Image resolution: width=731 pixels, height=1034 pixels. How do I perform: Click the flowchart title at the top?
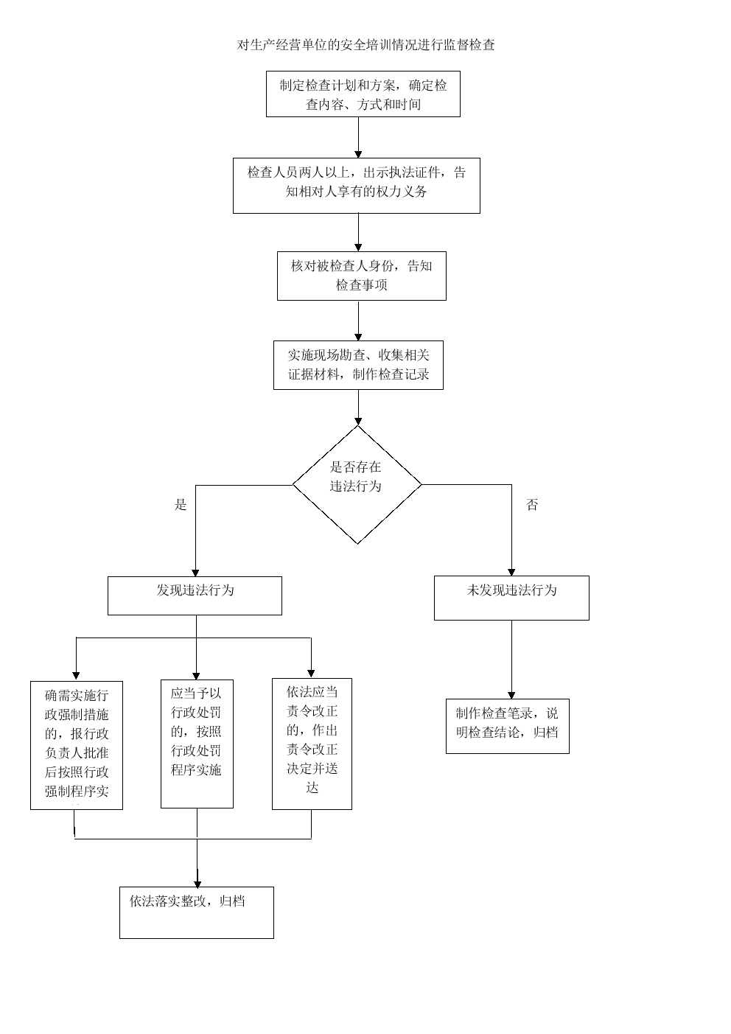[365, 45]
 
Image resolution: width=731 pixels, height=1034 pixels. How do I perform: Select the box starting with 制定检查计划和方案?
[363, 94]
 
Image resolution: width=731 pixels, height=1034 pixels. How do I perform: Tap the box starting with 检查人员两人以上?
[356, 186]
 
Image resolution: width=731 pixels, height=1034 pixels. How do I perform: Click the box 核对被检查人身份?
[361, 276]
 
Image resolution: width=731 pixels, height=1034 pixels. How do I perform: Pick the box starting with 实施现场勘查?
[358, 365]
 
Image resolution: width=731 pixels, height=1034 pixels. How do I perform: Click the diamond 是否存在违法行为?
[357, 484]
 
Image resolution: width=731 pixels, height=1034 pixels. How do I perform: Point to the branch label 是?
[181, 505]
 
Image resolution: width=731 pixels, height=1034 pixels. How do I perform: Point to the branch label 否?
[532, 505]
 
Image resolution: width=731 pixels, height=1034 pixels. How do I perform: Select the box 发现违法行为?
[195, 595]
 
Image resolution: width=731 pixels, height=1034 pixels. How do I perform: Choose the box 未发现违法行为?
[511, 597]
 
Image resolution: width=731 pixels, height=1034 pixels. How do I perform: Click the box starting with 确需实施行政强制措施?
[77, 744]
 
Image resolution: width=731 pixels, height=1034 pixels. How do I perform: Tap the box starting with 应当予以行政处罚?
[197, 743]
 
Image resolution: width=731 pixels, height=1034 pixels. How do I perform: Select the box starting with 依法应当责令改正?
[312, 743]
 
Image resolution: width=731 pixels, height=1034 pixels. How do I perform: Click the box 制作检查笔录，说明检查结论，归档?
[507, 726]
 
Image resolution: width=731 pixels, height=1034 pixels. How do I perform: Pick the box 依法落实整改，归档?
[196, 912]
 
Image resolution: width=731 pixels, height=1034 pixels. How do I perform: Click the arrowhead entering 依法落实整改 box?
[197, 882]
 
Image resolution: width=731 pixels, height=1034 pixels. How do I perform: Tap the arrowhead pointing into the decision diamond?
[358, 421]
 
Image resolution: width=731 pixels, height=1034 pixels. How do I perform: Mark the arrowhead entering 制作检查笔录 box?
[511, 695]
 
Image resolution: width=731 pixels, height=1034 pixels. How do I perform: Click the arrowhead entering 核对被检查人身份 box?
[358, 247]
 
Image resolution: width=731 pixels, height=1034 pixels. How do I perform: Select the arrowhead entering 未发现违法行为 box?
[511, 571]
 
